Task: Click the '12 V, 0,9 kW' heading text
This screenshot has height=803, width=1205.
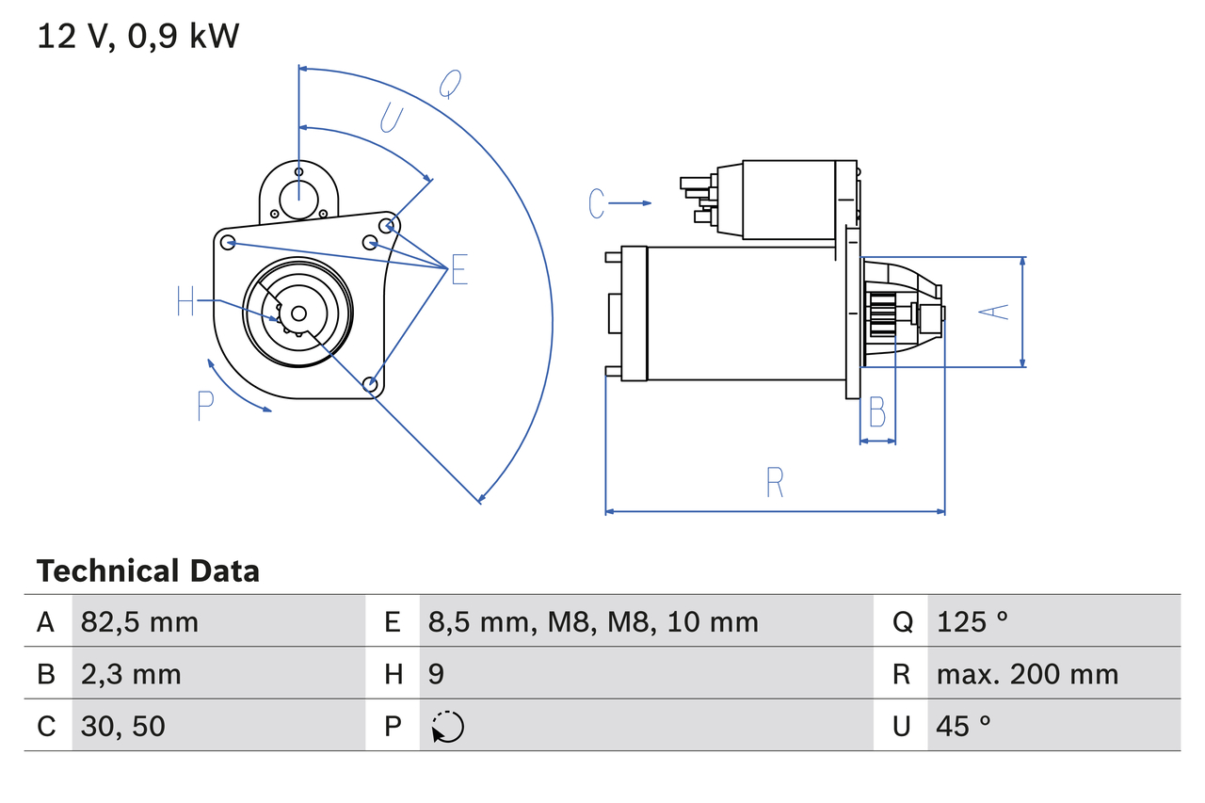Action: (138, 37)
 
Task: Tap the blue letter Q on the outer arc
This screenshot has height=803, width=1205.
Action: (450, 85)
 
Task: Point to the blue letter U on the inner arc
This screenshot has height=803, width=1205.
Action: (391, 120)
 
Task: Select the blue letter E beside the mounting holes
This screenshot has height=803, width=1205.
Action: (458, 270)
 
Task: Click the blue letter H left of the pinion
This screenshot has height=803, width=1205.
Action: (185, 302)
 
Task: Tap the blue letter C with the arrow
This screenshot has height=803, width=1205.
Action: (596, 202)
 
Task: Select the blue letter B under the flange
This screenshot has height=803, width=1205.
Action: (876, 411)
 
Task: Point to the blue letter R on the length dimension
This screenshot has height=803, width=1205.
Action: (774, 482)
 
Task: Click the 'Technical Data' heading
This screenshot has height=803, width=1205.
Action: (148, 571)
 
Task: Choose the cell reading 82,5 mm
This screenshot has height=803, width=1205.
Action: (139, 622)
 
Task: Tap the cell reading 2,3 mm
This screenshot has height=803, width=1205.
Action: (131, 674)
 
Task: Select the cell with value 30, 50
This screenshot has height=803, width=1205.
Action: (123, 726)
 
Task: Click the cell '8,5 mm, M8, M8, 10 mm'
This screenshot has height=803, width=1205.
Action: (592, 622)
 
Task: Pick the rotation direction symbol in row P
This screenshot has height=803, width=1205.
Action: (447, 727)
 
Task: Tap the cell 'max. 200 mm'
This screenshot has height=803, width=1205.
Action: (1027, 674)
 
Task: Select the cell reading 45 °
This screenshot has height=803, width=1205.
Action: (963, 726)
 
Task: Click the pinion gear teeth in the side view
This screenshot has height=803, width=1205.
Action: (882, 313)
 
